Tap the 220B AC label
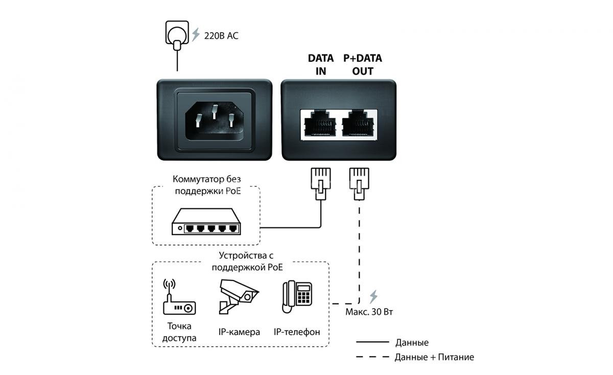(x=221, y=36)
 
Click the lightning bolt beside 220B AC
(x=195, y=35)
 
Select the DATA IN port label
(x=321, y=64)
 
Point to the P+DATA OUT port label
(x=363, y=64)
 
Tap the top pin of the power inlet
(x=215, y=111)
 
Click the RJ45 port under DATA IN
(x=320, y=124)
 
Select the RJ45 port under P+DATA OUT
(x=358, y=124)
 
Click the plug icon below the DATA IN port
(x=321, y=183)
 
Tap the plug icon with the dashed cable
(x=359, y=183)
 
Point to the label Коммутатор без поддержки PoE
(x=207, y=185)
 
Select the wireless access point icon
(x=179, y=297)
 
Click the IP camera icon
(x=239, y=296)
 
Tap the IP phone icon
(x=297, y=297)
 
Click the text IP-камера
(x=239, y=332)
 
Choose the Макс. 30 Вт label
(x=369, y=312)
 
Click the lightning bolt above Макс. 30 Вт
(x=373, y=297)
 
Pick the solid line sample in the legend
(x=372, y=342)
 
